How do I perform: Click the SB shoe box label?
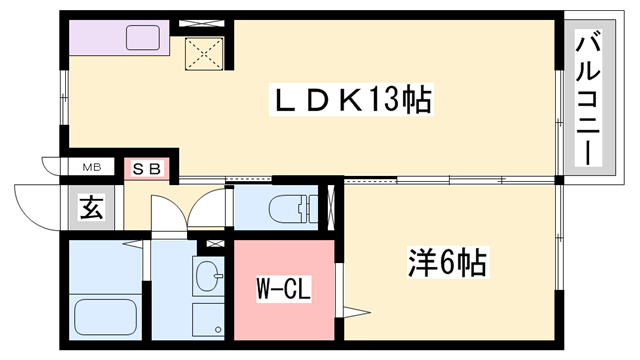click(148, 167)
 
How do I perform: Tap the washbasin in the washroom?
click(210, 276)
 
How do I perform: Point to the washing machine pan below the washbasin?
click(210, 320)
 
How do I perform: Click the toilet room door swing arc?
click(207, 208)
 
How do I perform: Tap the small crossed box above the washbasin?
click(211, 242)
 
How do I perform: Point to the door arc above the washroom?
click(165, 215)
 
